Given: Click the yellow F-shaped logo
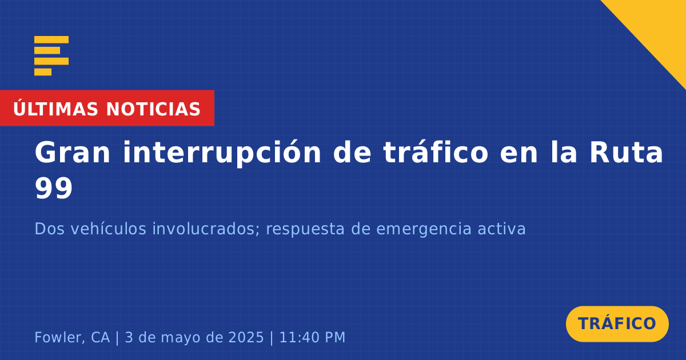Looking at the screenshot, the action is pos(51,56).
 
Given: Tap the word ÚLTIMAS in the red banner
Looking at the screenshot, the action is pos(55,109).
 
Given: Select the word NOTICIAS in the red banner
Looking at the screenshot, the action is pos(153,109).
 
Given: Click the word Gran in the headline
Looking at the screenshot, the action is pos(72,153).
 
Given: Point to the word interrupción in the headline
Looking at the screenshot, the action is pos(222,153).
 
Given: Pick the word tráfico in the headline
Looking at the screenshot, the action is pos(436,152).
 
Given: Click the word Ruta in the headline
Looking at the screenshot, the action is pos(627,153).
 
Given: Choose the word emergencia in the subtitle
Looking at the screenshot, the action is pos(424,230).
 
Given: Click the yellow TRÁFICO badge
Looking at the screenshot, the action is pos(617,323).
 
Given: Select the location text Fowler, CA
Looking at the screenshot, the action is pos(72,337).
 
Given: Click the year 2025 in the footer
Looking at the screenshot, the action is pos(246,337).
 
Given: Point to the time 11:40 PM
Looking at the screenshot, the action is pos(312,337).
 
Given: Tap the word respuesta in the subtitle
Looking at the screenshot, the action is pos(305,230).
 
